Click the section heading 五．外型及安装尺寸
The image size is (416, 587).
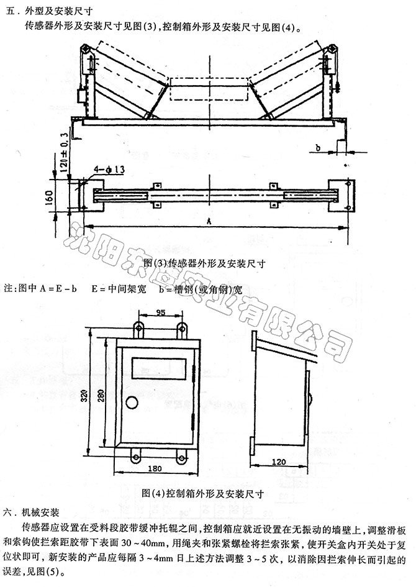click(43, 9)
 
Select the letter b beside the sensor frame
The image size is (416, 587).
click(317, 148)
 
